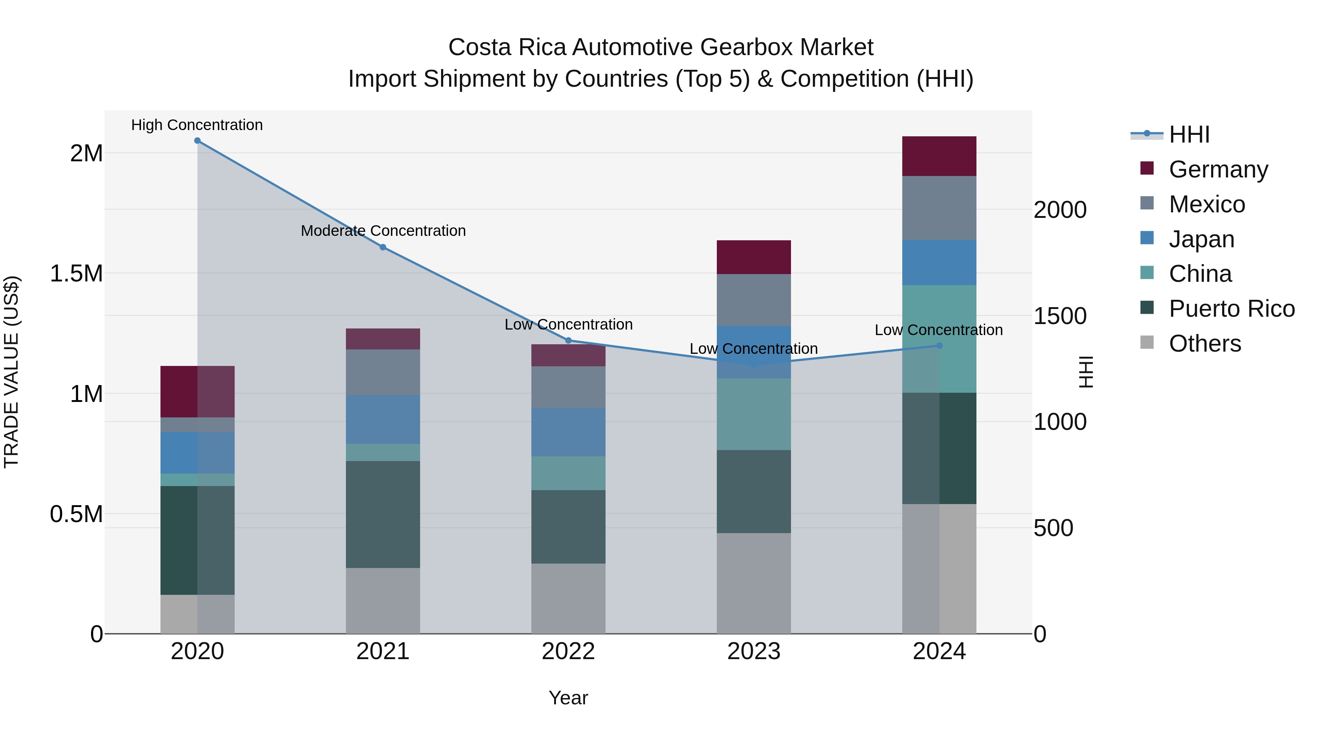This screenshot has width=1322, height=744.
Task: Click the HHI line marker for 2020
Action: [198, 141]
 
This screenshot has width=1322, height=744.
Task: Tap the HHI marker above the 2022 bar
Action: [568, 341]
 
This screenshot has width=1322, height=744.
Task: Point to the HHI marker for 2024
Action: [939, 346]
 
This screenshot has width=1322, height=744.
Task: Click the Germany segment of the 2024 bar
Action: [939, 157]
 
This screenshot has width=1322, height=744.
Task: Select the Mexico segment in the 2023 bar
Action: [754, 300]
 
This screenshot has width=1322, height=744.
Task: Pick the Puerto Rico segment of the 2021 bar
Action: [383, 514]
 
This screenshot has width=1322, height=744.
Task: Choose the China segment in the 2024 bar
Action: [939, 339]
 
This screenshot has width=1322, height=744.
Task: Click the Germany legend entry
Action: [1218, 169]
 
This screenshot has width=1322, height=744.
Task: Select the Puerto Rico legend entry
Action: [1231, 309]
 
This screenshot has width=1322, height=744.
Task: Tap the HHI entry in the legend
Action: [1189, 134]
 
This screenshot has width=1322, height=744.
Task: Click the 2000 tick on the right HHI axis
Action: [1060, 210]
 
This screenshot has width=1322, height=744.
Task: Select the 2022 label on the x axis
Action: [568, 651]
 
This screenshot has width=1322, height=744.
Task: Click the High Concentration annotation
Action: [197, 125]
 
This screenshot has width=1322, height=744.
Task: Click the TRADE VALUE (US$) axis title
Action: [12, 372]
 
